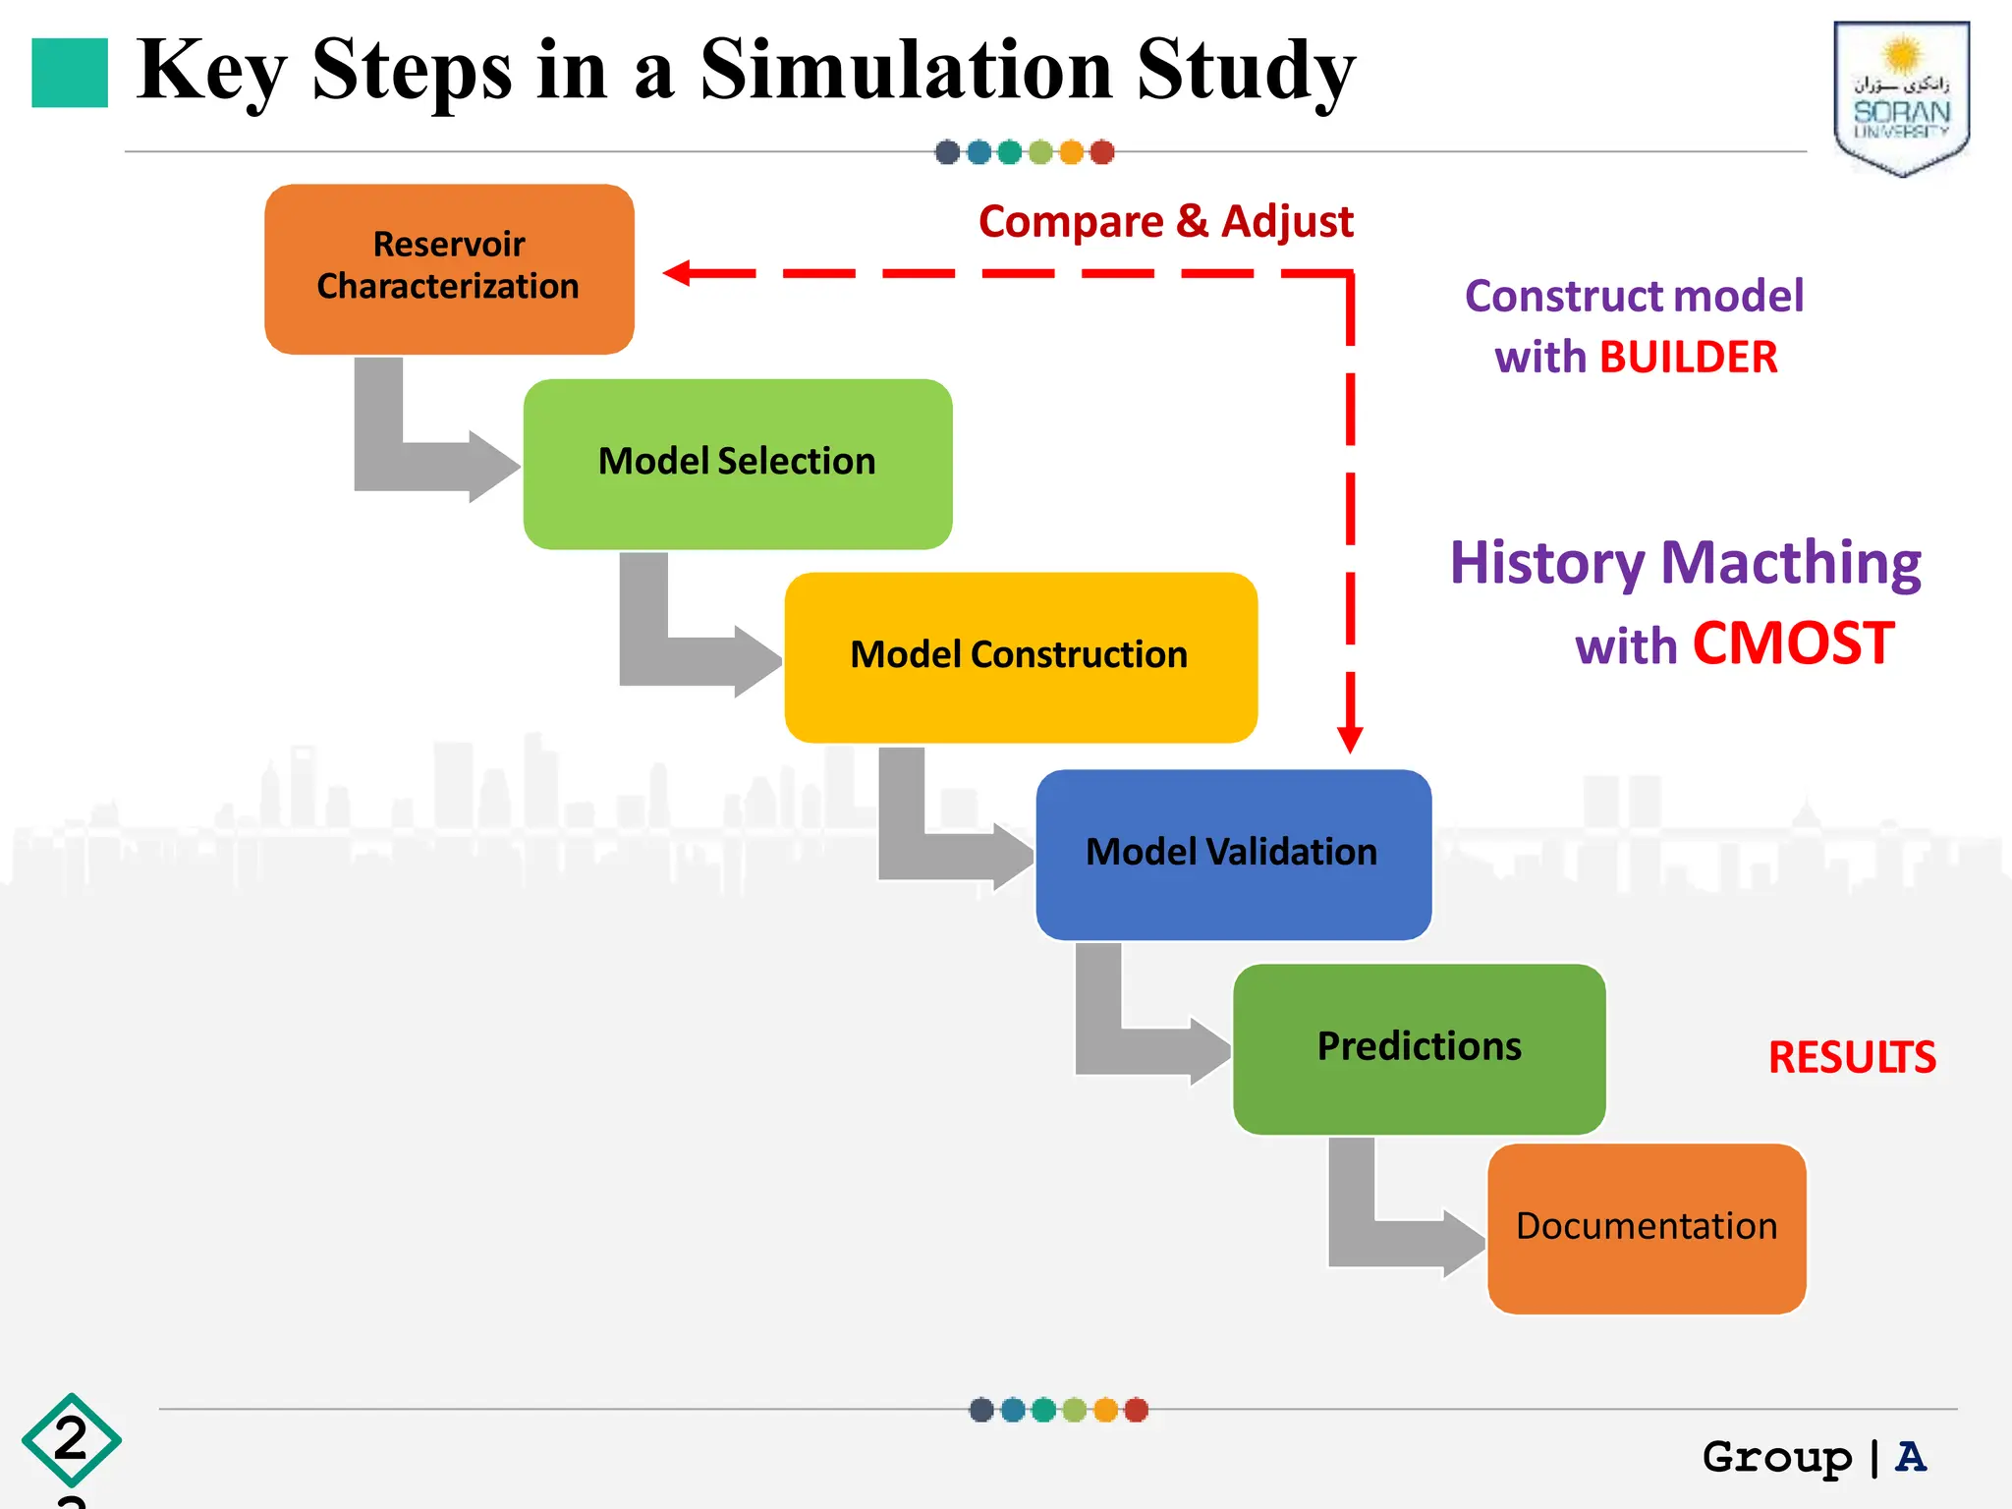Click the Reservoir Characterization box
pyautogui.click(x=449, y=268)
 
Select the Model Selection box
pyautogui.click(x=737, y=463)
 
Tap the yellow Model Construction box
pyautogui.click(x=1020, y=656)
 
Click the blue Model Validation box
pyautogui.click(x=1233, y=854)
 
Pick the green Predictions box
pyautogui.click(x=1419, y=1047)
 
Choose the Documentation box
pyautogui.click(x=1647, y=1227)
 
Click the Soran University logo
pyautogui.click(x=1901, y=98)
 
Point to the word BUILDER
pyautogui.click(x=1688, y=358)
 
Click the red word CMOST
pyautogui.click(x=1793, y=644)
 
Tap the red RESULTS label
pyautogui.click(x=1851, y=1058)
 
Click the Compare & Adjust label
pyautogui.click(x=1165, y=221)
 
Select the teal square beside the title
pyautogui.click(x=70, y=73)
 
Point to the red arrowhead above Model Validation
pyautogui.click(x=1350, y=739)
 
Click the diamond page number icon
pyautogui.click(x=71, y=1439)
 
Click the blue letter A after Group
pyautogui.click(x=1910, y=1456)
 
